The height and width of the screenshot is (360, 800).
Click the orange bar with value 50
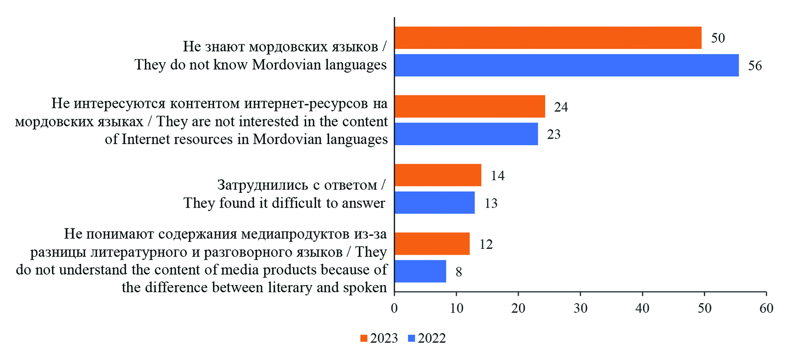548,37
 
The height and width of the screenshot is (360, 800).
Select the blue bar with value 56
567,65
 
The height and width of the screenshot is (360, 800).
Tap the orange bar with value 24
470,107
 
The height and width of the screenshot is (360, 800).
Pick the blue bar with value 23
466,134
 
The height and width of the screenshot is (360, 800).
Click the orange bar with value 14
438,175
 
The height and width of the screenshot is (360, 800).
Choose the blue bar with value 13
434,203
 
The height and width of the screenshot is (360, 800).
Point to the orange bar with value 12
432,244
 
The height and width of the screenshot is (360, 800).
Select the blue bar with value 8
420,271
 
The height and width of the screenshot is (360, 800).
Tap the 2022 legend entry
427,338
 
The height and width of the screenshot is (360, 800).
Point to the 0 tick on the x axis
395,309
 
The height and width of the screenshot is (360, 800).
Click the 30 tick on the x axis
581,309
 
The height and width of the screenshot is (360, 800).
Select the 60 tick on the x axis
766,309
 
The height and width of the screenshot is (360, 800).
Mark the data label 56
755,66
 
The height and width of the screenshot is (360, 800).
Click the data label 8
459,272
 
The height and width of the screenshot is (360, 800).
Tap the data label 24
561,107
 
